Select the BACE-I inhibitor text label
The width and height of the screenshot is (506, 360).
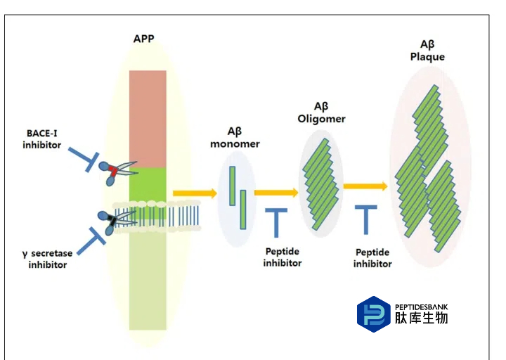[41, 139]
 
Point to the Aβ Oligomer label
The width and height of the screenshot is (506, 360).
[321, 112]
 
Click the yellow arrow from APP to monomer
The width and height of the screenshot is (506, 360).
[195, 191]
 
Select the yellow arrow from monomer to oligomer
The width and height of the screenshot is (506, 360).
[276, 191]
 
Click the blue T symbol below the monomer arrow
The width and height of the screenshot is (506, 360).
[276, 220]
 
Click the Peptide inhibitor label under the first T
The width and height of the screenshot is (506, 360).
[283, 257]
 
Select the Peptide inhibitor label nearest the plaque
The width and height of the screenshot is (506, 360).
[372, 257]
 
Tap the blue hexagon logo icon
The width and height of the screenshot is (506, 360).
[373, 313]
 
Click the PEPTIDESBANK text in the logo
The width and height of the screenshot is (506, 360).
[421, 307]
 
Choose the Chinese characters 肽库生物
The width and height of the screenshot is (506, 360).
[421, 318]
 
